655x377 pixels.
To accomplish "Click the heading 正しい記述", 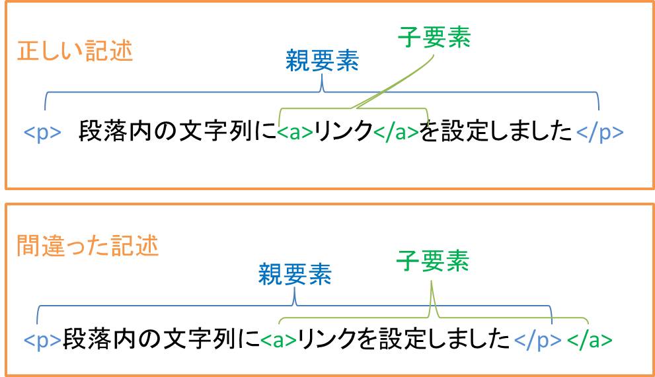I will coord(75,51).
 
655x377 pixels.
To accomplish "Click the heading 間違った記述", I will coord(87,246).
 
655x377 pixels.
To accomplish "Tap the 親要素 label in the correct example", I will coord(322,61).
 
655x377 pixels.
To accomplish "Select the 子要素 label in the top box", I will coord(434,38).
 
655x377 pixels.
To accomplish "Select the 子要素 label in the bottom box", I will coord(432,261).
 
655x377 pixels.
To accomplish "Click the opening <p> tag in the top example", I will coord(42,132).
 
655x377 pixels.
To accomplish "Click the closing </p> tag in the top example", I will coord(599,132).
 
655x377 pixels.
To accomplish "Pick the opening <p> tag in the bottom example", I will coord(42,340).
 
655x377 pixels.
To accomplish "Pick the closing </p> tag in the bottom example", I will coord(538,340).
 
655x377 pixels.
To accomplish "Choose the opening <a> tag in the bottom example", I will coord(278,340).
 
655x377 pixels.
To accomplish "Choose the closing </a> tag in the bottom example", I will coord(590,340).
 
